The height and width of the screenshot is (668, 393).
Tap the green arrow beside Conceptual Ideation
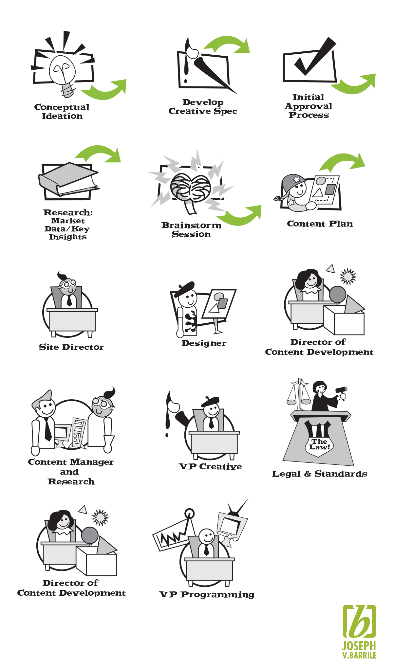(105, 90)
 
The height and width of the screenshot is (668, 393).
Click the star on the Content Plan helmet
(297, 179)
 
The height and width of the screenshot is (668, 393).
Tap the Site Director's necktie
(69, 300)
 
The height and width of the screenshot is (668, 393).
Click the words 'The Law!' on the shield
(319, 444)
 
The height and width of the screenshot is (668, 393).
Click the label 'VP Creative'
(211, 467)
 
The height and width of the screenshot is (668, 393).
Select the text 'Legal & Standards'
(319, 474)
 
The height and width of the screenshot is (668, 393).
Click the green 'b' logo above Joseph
(359, 621)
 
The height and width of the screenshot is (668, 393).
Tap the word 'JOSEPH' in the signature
(359, 646)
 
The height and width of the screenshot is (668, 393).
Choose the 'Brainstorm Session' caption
(191, 230)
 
